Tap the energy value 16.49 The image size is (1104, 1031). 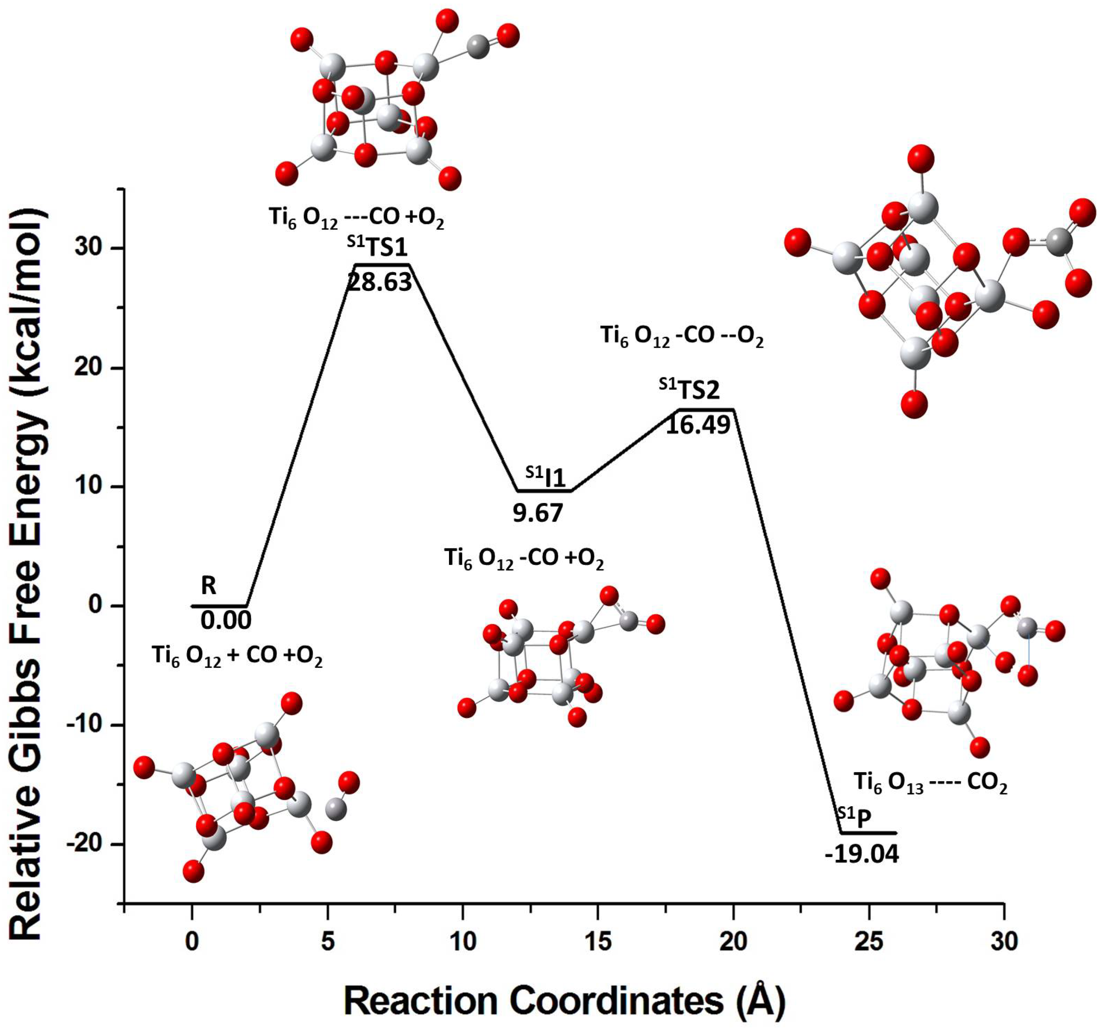coord(698,425)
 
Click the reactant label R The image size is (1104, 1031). coord(208,585)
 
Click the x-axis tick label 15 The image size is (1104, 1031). coord(598,942)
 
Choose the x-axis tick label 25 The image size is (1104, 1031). coord(869,942)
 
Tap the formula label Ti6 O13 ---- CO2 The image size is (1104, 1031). coord(930,783)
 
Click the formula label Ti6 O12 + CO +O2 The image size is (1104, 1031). coord(237,657)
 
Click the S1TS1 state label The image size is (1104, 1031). coord(378,246)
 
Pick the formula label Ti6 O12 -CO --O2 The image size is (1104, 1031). coord(682,337)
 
